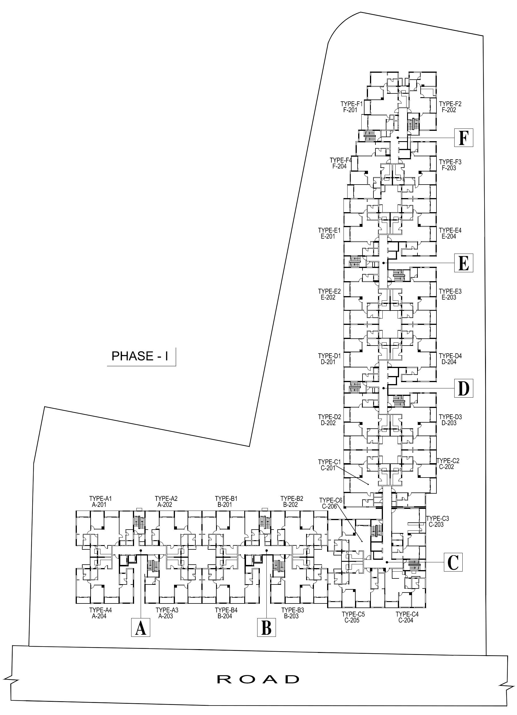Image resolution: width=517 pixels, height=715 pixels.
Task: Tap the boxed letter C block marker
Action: coord(453,562)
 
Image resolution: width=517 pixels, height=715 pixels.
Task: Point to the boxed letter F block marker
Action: coord(464,138)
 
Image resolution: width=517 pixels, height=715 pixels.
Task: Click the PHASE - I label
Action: coord(140,356)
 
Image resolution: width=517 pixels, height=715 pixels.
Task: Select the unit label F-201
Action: coord(350,110)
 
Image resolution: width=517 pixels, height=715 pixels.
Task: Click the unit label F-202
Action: coord(449,110)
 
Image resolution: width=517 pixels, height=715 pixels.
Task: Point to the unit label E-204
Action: coord(449,236)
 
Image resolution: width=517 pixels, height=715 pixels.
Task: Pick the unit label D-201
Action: coord(328,362)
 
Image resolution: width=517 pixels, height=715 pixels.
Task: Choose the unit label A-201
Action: coord(99,505)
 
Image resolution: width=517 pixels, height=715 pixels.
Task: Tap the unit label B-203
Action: coord(291,616)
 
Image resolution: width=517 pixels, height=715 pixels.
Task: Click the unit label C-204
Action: coord(406,620)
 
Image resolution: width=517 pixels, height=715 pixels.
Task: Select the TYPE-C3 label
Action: coord(438,518)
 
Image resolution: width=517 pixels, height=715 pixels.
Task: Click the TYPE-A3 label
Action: coord(167,610)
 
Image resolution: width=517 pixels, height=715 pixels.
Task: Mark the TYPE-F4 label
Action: coord(341,160)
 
